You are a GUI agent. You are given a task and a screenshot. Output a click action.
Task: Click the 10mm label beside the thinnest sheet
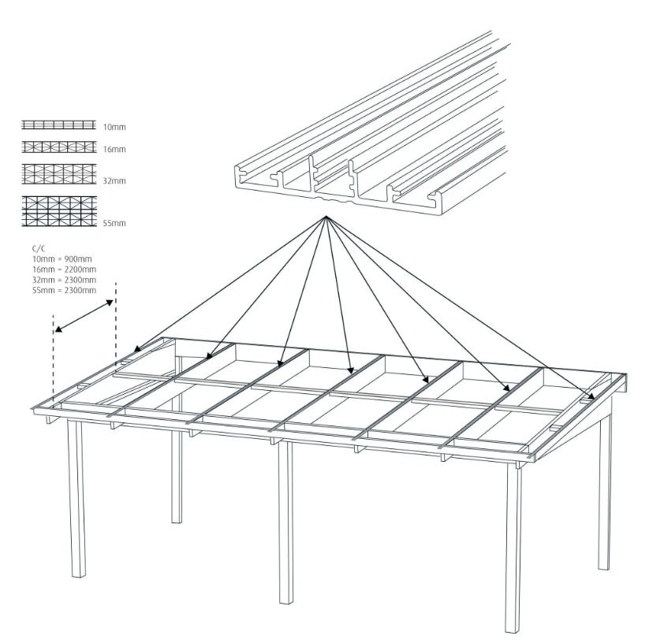[x=114, y=127]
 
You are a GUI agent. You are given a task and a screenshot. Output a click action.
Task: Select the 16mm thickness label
[x=114, y=149]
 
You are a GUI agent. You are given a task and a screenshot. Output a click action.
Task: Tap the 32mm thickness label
[x=114, y=180]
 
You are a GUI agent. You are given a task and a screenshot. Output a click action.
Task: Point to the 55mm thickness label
[x=114, y=223]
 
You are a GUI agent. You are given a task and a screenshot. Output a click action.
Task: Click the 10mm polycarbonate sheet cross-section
[x=59, y=125]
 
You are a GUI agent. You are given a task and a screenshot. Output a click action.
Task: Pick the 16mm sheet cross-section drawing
[x=59, y=147]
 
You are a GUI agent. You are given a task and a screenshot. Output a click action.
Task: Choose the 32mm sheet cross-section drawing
[x=59, y=174]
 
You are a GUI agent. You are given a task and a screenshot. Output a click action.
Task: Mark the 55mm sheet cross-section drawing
[x=59, y=211]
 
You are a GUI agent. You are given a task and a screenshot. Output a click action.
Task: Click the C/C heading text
[x=39, y=248]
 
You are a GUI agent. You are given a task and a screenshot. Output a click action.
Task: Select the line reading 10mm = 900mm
[x=62, y=259]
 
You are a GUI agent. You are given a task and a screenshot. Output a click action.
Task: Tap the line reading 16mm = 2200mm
[x=64, y=269]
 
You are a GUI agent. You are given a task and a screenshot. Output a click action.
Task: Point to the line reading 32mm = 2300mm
[x=64, y=280]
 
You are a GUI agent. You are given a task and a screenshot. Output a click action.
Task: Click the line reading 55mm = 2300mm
[x=64, y=290]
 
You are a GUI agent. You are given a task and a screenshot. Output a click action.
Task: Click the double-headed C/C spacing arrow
[x=84, y=316]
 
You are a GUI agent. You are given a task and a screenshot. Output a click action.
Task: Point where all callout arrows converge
[x=326, y=216]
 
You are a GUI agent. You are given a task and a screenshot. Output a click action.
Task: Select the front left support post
[x=77, y=498]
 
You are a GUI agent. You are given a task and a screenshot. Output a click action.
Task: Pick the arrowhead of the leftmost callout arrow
[x=137, y=348]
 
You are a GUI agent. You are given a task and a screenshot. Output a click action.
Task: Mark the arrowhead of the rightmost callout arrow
[x=591, y=395]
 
